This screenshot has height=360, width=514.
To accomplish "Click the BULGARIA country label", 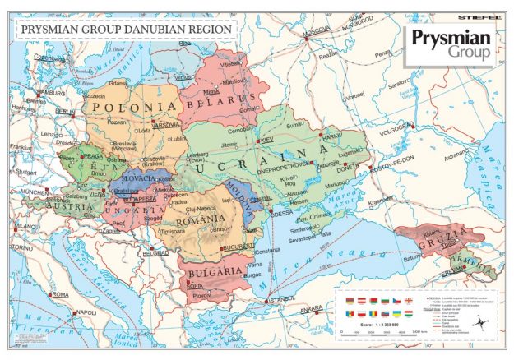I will [x=215, y=270].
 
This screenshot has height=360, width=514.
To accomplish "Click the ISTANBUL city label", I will [x=281, y=300].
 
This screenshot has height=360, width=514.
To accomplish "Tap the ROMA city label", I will [x=60, y=294].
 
